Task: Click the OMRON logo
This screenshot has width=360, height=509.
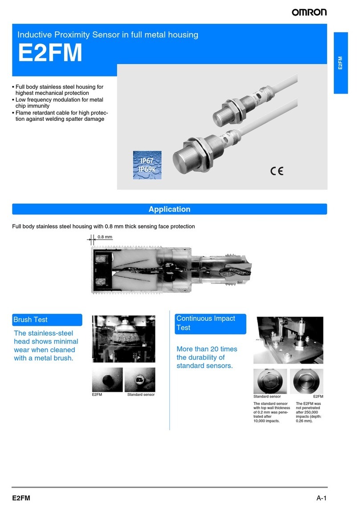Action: [309, 12]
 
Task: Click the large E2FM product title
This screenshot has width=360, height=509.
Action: [50, 53]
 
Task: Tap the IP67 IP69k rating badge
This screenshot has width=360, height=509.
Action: [147, 165]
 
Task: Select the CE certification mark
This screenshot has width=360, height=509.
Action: [277, 171]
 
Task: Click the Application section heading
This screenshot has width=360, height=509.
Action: [169, 209]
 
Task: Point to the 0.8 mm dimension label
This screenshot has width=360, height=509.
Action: [105, 237]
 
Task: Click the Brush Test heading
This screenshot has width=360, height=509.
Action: [30, 320]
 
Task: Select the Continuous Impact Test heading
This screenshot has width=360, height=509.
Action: [206, 323]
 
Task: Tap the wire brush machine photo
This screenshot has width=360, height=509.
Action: [124, 339]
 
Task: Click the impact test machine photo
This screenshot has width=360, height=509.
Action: [288, 340]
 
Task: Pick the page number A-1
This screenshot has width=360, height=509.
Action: [321, 498]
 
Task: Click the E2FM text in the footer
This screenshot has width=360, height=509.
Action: [21, 498]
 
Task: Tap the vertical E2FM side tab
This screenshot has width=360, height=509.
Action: [340, 63]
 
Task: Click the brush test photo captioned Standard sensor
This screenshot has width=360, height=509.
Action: [140, 379]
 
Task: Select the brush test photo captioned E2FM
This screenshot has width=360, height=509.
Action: [107, 379]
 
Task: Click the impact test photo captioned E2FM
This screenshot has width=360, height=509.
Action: [307, 381]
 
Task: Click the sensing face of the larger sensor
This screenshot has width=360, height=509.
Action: [182, 161]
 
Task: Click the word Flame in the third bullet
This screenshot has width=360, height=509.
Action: [23, 113]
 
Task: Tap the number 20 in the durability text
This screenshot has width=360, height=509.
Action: [214, 349]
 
